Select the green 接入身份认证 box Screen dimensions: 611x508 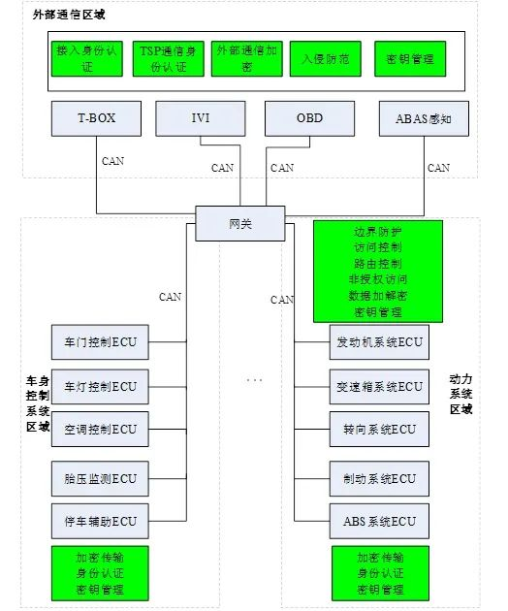tap(87, 58)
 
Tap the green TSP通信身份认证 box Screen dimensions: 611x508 tap(167, 58)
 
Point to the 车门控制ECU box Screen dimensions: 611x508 tap(100, 341)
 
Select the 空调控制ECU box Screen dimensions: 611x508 tap(100, 428)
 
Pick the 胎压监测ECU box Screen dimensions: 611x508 tap(100, 478)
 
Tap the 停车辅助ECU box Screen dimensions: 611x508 tap(100, 521)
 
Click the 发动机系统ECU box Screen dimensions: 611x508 tap(379, 342)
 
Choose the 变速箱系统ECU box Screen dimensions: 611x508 tap(379, 386)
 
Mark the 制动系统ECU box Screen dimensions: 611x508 tap(379, 478)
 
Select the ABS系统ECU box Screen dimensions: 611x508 tap(379, 521)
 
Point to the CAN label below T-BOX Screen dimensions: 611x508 tap(112, 161)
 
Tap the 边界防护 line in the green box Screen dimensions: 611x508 tap(377, 233)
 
